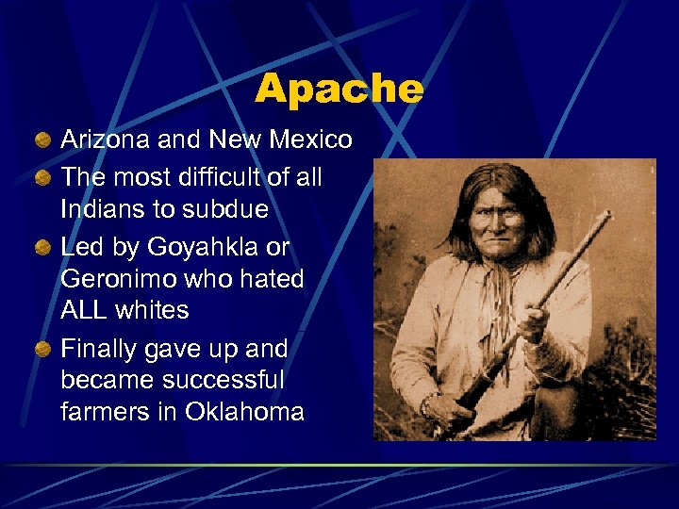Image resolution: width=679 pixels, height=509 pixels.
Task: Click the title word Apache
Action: point(339,90)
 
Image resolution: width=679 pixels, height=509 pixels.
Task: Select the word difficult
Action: point(207,176)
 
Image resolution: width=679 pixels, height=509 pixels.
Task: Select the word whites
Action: point(154,310)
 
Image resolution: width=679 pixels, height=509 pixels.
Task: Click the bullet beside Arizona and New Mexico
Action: point(42,141)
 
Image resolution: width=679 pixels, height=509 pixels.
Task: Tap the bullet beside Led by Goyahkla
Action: point(42,248)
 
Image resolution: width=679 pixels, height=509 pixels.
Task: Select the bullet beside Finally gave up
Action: point(42,350)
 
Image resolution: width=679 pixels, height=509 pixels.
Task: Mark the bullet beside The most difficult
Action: point(42,177)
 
